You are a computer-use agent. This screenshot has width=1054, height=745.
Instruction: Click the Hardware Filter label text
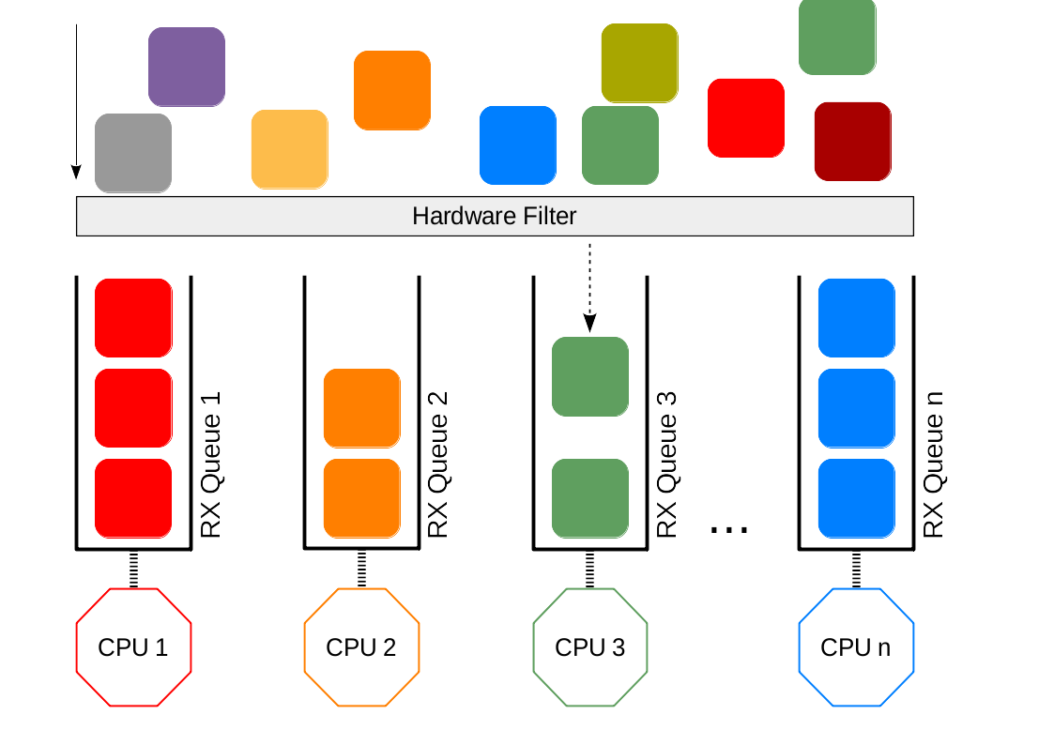tap(494, 217)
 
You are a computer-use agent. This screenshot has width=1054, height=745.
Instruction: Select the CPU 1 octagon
tap(133, 647)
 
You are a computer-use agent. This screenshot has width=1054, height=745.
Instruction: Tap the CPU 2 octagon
tap(361, 647)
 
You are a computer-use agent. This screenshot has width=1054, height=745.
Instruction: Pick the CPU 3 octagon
tap(589, 647)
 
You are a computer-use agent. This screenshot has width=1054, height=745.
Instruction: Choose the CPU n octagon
tap(856, 647)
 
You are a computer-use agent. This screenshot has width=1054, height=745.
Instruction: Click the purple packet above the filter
tap(187, 67)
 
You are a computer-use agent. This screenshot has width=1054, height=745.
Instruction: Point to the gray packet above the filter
tap(133, 153)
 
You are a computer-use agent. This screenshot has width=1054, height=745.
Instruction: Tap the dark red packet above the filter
tap(852, 141)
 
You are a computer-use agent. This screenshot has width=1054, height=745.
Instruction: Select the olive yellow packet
tap(639, 63)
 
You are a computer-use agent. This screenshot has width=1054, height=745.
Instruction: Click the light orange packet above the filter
tap(289, 149)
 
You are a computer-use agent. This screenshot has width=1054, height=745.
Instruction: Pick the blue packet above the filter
tap(518, 144)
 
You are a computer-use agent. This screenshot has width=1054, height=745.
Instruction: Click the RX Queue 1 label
tap(212, 464)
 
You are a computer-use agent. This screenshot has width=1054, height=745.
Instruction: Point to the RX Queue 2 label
tap(438, 464)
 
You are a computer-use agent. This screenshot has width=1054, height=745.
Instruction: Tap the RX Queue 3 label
tap(666, 464)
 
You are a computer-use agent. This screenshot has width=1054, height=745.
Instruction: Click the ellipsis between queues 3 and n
tap(729, 530)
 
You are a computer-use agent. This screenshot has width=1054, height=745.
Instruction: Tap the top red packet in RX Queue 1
tap(133, 317)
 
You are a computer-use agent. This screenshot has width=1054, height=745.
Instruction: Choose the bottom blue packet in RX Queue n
tap(856, 497)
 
